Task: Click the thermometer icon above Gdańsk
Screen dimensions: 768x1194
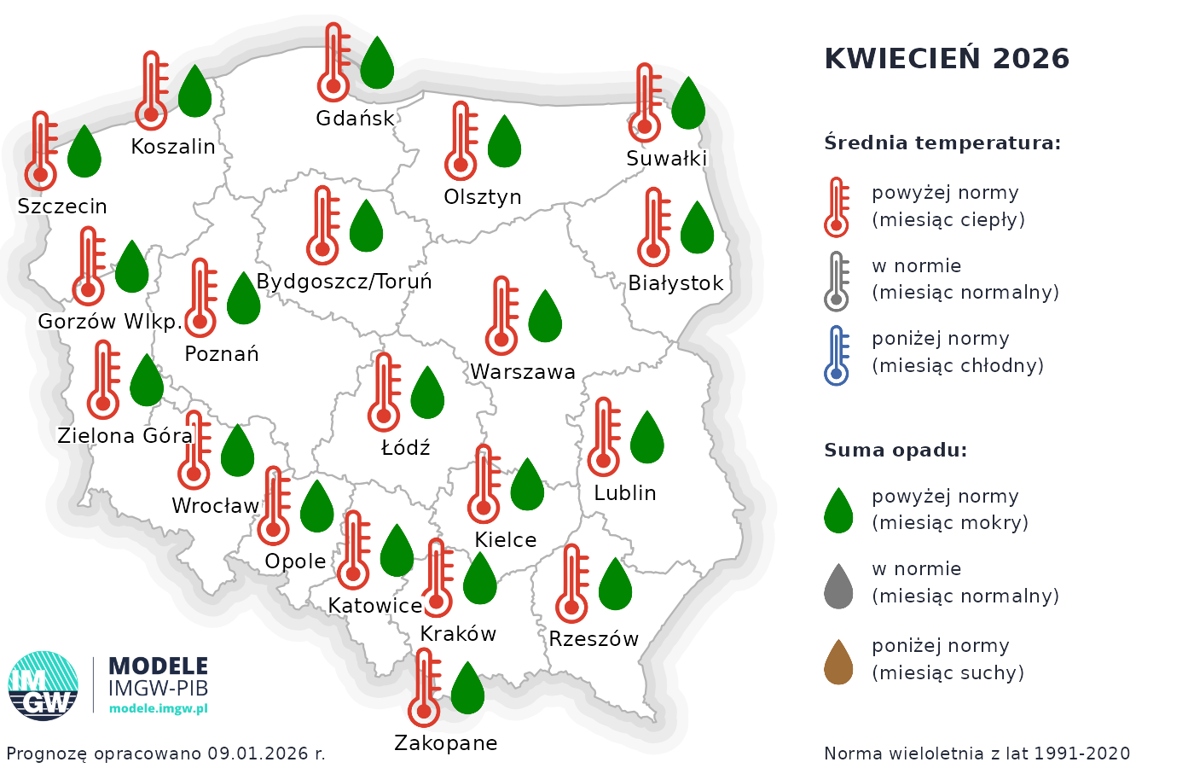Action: [333, 63]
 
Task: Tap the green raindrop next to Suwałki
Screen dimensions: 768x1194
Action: [688, 103]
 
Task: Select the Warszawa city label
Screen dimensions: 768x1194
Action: [523, 372]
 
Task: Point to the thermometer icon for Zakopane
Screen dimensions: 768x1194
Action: [424, 687]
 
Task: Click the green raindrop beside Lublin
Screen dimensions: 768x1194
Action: [647, 438]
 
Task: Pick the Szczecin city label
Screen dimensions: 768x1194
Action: [62, 207]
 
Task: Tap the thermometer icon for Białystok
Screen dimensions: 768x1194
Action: [653, 228]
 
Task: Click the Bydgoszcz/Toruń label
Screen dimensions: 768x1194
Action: [344, 282]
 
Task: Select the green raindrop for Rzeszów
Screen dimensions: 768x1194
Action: [615, 585]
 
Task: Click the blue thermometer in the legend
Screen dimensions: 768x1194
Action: [837, 355]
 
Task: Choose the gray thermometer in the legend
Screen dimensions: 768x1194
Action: [837, 282]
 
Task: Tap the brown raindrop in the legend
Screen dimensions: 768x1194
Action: [838, 662]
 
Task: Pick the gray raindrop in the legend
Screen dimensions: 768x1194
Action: [838, 586]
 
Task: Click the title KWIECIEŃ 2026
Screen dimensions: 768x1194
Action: [947, 59]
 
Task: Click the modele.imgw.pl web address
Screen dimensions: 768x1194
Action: [159, 708]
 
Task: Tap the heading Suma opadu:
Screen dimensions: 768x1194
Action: [895, 451]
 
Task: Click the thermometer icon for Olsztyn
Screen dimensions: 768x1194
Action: [461, 141]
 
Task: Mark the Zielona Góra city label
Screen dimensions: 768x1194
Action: [125, 436]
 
